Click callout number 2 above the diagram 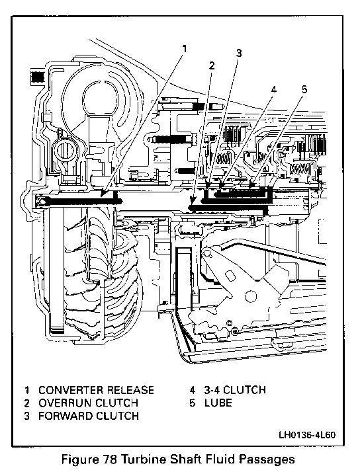(x=212, y=65)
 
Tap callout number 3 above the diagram (x=239, y=53)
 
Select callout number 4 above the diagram (x=274, y=90)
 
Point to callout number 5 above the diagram (x=304, y=89)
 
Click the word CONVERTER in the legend (x=71, y=390)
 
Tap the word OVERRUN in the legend (x=65, y=403)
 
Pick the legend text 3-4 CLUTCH (x=235, y=390)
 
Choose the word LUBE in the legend (x=218, y=403)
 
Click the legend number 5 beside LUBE (x=192, y=403)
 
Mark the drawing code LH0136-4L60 (x=307, y=435)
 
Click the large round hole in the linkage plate (x=250, y=294)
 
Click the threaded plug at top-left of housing (x=36, y=78)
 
